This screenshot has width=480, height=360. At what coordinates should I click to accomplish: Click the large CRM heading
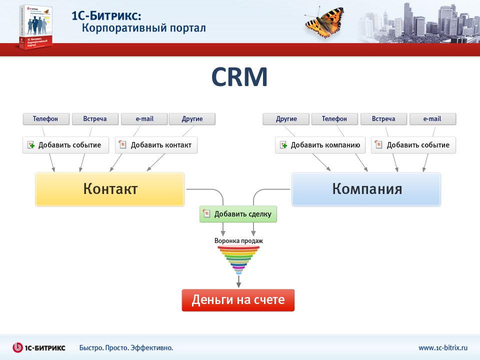tap(239, 77)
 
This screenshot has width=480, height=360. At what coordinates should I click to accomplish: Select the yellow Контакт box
tap(110, 189)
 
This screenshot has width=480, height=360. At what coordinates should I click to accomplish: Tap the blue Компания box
tap(366, 189)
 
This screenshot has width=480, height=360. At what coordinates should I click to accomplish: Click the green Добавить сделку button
tap(238, 214)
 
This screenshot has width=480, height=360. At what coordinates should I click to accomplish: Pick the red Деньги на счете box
tap(238, 300)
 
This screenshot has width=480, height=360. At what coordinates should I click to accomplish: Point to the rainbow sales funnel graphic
tap(238, 260)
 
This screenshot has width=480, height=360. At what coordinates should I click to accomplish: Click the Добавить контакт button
tap(156, 145)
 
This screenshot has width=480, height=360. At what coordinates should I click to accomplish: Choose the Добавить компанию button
tap(320, 145)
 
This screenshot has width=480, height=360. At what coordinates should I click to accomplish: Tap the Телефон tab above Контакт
tap(46, 119)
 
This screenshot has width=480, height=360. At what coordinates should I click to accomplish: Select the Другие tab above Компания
tap(286, 119)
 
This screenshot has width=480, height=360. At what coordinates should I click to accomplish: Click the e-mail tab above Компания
tap(433, 119)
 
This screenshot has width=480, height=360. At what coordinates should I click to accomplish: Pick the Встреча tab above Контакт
tap(95, 119)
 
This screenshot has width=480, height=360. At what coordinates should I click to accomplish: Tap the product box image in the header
tap(35, 27)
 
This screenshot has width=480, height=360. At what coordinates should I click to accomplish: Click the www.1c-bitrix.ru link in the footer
tap(443, 348)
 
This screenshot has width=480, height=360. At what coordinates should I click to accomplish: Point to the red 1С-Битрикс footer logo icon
tap(18, 347)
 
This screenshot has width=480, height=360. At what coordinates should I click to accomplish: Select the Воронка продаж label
tap(238, 241)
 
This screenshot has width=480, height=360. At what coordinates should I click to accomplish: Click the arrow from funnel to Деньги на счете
tap(239, 281)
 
